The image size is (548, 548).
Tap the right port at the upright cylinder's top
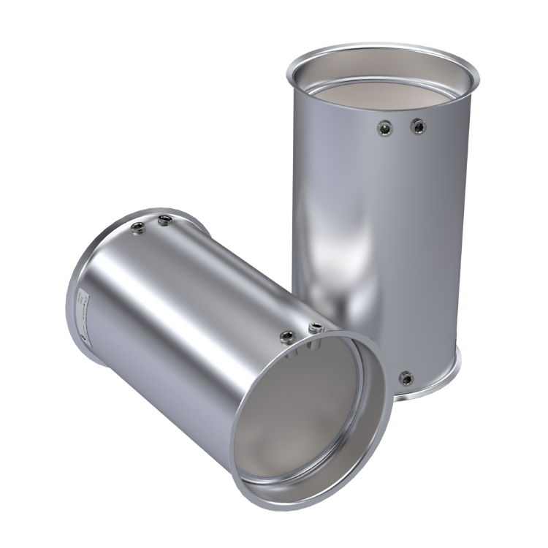(x=418, y=126)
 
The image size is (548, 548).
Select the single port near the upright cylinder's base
(x=407, y=377)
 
